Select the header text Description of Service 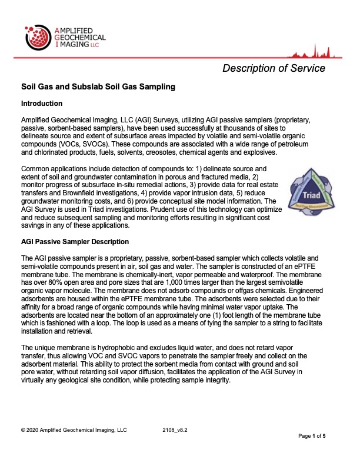(x=274, y=68)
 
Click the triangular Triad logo (x=307, y=191)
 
